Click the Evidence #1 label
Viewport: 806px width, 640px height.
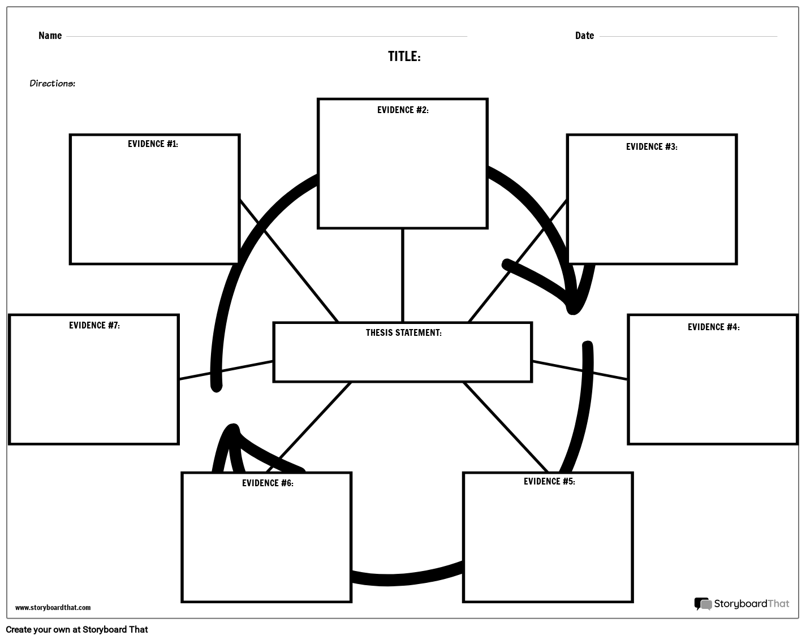click(x=153, y=144)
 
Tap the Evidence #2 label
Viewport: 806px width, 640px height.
click(x=403, y=110)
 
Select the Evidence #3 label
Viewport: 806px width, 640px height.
click(x=652, y=147)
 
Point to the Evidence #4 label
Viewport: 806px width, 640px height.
click(x=713, y=327)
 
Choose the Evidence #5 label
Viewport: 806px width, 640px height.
click(x=549, y=482)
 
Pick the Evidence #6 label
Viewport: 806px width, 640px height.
click(x=268, y=483)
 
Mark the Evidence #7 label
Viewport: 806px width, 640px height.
click(x=94, y=326)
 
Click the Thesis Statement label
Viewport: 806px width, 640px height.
click(x=403, y=333)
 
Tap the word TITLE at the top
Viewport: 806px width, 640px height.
click(x=404, y=57)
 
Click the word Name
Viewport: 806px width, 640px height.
click(x=50, y=36)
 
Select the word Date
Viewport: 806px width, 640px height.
click(x=584, y=36)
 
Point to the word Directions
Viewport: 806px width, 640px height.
click(x=52, y=84)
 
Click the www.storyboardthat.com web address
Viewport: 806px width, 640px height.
click(x=53, y=608)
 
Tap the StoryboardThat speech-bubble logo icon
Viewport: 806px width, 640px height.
click(x=702, y=604)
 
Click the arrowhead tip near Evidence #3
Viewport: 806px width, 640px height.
click(x=573, y=309)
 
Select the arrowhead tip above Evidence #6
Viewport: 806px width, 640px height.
click(x=232, y=428)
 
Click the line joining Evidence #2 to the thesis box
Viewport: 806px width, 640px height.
click(x=403, y=275)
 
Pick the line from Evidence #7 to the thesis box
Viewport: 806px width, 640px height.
click(x=226, y=370)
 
